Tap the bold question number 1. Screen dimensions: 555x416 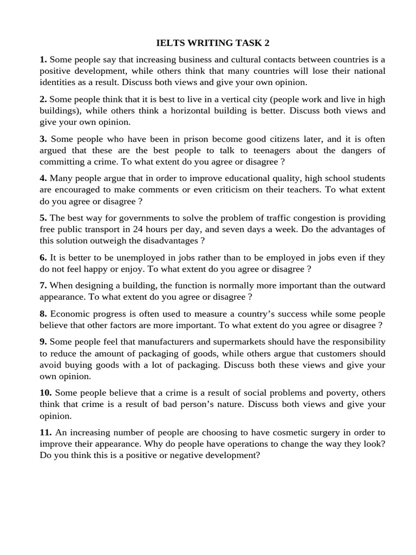(43, 60)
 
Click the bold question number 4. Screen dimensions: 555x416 (43, 178)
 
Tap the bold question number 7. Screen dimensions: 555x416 (43, 286)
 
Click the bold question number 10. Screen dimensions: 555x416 (45, 392)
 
